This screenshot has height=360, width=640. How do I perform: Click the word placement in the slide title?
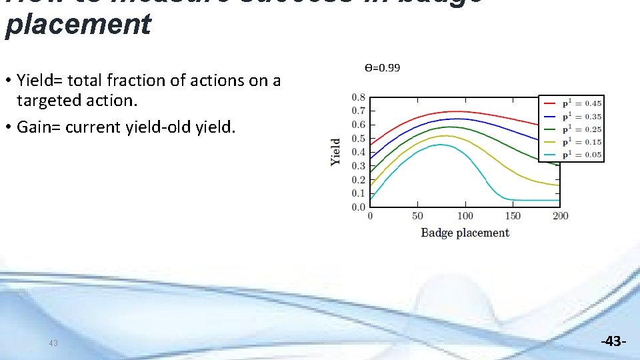pos(78,25)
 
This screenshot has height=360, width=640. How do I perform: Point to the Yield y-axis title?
pos(336,152)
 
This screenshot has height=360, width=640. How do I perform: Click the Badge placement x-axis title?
pos(465,233)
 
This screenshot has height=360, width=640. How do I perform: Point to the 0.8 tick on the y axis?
pos(358,97)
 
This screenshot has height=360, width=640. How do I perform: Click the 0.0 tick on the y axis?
pos(358,207)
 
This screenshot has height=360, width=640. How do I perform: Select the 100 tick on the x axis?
pos(465,216)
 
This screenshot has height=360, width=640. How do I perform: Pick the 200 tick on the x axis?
pos(560,216)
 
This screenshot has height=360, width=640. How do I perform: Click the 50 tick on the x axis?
pos(417,216)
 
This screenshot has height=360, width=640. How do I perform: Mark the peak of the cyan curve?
pos(441,145)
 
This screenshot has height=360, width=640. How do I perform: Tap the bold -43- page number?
pos(613,342)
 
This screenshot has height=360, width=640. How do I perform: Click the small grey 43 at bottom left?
pos(53,343)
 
